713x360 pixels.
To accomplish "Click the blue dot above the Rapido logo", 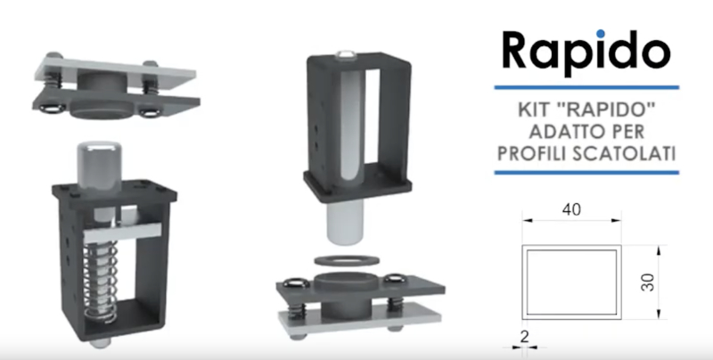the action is [x=600, y=34].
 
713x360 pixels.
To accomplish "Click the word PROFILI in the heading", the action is [x=531, y=154].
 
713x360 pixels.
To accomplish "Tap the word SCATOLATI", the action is [x=624, y=154].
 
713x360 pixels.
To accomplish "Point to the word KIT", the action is [x=534, y=110].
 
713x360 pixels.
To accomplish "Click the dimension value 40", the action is [x=571, y=209].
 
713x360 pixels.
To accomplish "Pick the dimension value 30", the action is [x=647, y=282].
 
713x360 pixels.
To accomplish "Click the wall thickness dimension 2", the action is [x=524, y=337].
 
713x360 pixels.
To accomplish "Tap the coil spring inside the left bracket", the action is [x=101, y=282].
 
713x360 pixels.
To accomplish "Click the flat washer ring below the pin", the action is [x=347, y=260].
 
